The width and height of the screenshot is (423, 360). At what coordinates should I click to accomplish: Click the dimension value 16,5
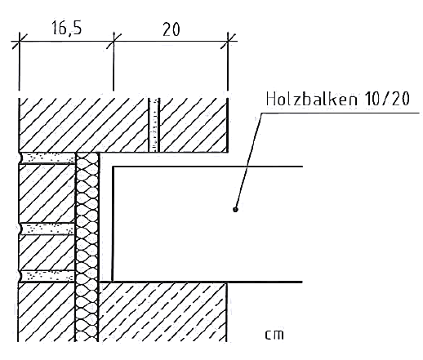66,28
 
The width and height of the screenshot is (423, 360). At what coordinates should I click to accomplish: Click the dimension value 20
171,29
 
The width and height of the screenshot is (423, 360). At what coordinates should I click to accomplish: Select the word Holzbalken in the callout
312,99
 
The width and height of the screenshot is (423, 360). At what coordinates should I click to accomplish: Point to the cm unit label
274,335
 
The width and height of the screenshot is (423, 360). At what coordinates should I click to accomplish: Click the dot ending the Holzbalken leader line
236,209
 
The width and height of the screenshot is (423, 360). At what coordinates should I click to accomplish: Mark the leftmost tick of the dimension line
19,42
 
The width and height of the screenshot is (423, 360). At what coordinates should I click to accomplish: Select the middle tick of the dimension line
114,42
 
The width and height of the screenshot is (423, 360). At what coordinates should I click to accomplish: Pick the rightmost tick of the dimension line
228,42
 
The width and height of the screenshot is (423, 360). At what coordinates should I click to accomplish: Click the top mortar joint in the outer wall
47,158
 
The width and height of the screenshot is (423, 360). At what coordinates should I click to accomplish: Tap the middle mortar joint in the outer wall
47,229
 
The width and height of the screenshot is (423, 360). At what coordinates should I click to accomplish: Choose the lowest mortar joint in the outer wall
47,276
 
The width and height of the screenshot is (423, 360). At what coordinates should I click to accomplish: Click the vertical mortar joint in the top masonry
154,125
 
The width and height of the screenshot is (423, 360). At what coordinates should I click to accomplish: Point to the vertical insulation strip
87,247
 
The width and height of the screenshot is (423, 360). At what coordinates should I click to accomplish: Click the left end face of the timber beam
113,224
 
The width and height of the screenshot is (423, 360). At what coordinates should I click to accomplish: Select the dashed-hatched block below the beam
163,312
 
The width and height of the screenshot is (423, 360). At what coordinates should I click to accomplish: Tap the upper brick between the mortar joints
47,193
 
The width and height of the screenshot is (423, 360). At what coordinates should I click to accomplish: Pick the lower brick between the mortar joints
47,252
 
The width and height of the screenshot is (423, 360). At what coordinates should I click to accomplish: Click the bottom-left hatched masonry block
47,312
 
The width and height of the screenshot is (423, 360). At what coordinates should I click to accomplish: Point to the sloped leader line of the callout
249,161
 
